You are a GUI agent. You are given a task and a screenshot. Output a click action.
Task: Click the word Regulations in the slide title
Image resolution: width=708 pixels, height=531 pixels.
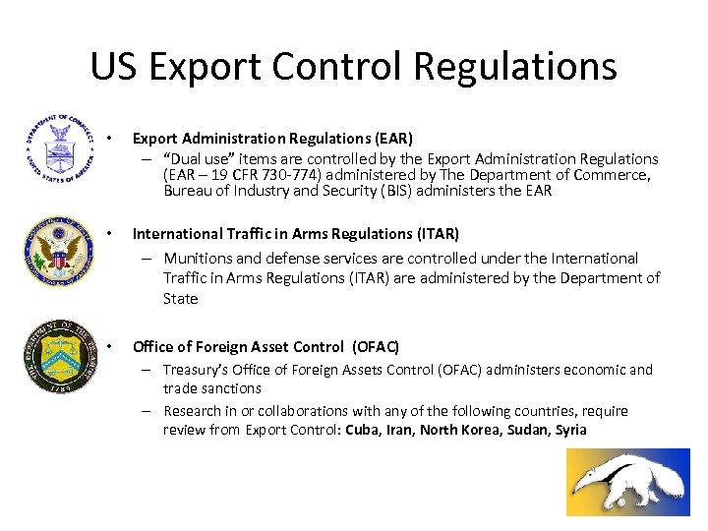(x=515, y=66)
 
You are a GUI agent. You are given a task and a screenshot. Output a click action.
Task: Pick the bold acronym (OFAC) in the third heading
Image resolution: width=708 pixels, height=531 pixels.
(x=376, y=346)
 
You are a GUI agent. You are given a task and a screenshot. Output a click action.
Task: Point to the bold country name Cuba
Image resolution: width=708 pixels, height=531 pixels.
(x=361, y=430)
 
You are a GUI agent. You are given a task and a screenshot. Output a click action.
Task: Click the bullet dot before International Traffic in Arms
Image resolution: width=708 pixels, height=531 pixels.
(x=113, y=234)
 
